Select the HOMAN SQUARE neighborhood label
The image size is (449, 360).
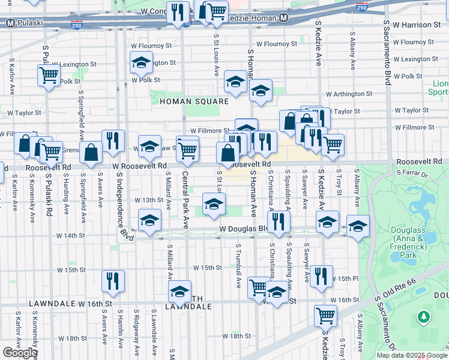click(194, 101)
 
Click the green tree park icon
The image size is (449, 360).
click(424, 316)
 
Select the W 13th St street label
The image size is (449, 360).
click(149, 200)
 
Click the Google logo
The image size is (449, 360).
click(20, 352)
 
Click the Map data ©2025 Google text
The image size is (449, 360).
click(411, 355)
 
